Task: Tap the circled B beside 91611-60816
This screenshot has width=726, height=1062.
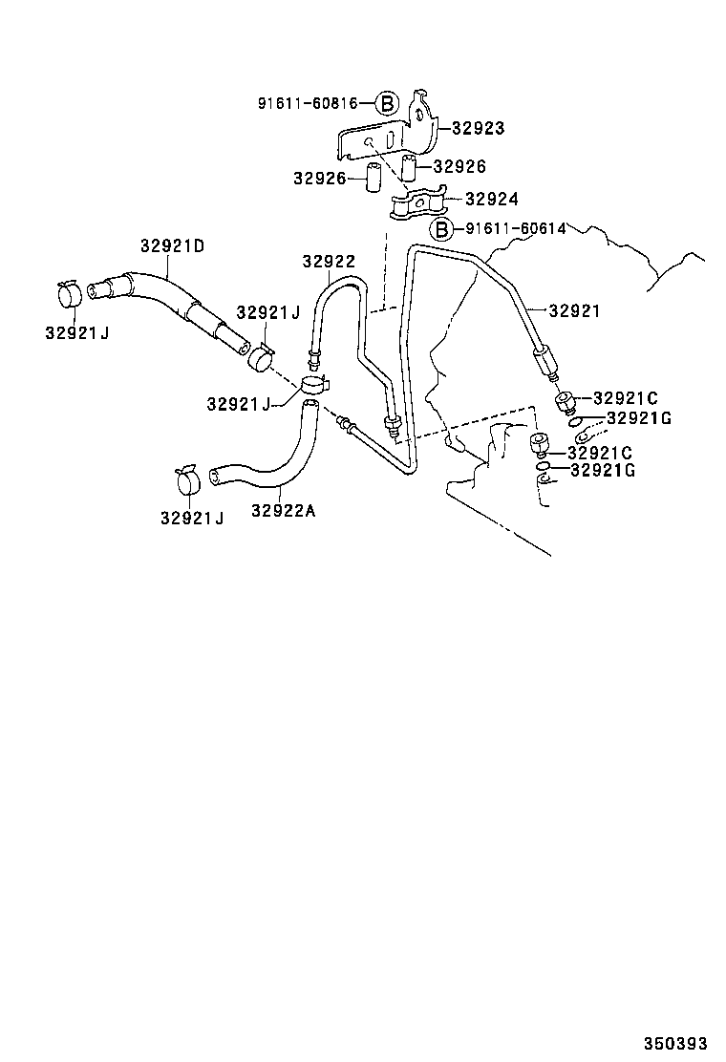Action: coord(385,103)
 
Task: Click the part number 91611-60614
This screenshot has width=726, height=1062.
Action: coord(516,229)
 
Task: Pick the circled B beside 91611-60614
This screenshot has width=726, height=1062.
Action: coord(440,229)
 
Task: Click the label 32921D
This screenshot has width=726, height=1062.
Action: coord(173,245)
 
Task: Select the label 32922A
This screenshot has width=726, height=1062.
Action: coord(283,510)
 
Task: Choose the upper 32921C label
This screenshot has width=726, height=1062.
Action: coord(626,397)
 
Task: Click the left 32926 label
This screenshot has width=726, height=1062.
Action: coord(319,178)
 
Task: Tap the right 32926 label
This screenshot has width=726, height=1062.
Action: coord(459,166)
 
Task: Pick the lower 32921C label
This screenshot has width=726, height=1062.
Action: coord(601,452)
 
